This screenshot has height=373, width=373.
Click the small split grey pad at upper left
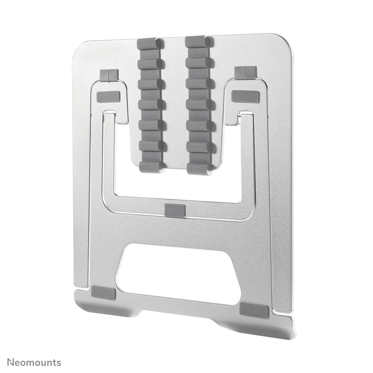coord(109,75)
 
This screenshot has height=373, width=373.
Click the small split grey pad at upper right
coord(245,73)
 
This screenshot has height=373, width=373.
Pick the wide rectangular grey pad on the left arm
coord(108,97)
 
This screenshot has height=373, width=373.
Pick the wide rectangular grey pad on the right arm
coord(245,97)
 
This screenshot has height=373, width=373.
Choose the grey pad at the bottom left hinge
coord(104,293)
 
